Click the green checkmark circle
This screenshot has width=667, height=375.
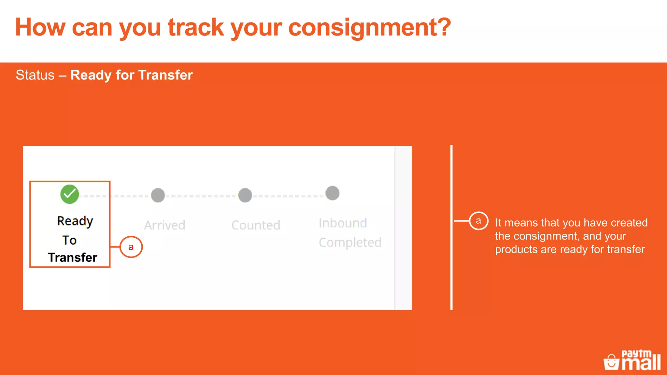coord(69,194)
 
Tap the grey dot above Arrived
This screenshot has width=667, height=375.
coord(158,195)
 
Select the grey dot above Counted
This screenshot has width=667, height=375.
coord(245,195)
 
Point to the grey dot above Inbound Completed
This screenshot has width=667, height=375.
coord(333,193)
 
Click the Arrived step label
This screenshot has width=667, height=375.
coord(165,225)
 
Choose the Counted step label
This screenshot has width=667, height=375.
coord(256,225)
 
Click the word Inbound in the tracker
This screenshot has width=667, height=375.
coord(343,223)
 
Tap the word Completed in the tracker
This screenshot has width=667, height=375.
coord(350,243)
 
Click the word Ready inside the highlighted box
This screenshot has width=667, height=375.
coord(75,221)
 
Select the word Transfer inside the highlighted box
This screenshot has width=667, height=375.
coord(73,257)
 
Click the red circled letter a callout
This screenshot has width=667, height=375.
coord(131,247)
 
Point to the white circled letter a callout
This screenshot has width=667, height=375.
coord(478,221)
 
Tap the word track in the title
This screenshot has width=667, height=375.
coord(196,27)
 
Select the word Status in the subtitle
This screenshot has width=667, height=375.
coord(35,75)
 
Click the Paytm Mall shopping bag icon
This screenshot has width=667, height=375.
coord(611,362)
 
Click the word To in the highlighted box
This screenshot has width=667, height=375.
coord(69,240)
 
